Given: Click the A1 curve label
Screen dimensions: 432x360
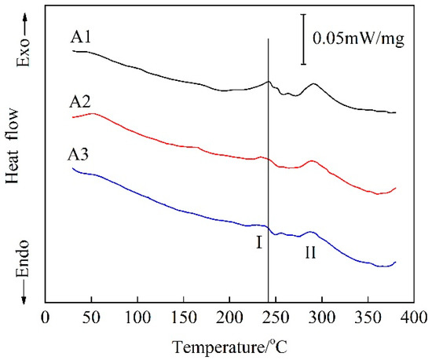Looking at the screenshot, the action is coord(80,37).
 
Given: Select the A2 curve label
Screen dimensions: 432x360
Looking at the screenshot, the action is coord(80,102).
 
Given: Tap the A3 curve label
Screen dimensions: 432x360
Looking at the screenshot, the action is coord(79,155).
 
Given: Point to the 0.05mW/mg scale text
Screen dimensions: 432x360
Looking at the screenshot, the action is coord(358,39).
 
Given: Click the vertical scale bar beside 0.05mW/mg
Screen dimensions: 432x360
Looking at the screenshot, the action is coord(304,39).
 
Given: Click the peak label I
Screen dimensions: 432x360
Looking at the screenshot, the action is coord(258,243).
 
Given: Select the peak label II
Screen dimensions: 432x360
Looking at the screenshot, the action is coord(310,252).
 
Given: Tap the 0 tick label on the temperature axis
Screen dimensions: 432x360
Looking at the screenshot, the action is coord(46,318).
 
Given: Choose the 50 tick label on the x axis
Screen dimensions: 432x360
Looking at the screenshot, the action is coord(91,318).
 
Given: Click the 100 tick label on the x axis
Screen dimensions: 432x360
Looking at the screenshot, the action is coord(137,318).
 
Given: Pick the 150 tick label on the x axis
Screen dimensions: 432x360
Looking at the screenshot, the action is coord(184,318).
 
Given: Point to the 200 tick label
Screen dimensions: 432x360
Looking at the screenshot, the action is coord(230,318).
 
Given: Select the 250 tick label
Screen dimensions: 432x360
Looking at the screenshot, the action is coord(276,318).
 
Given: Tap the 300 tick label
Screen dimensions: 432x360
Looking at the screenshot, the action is coord(322,318).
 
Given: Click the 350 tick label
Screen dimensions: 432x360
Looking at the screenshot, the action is coord(368,318).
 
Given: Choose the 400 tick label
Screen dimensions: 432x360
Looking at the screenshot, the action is coord(415,318).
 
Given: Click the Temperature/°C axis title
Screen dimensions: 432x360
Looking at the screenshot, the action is coord(230,347).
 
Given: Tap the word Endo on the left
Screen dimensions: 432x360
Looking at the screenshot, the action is coord(23,259).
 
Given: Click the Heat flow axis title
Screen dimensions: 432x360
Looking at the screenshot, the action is coord(13,146).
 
